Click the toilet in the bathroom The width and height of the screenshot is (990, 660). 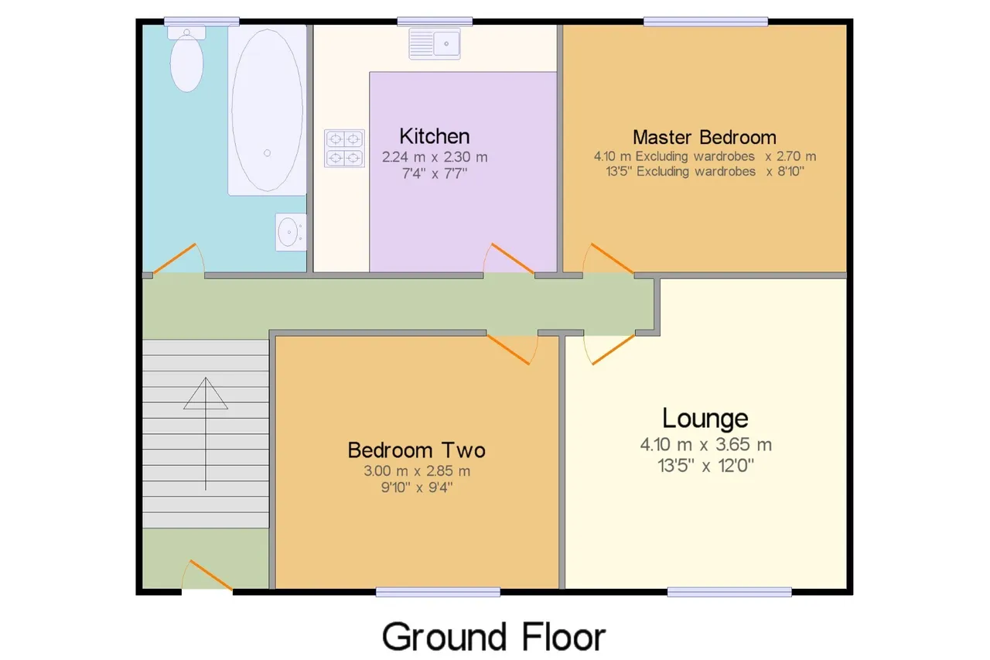coord(186,59)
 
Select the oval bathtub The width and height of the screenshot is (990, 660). coord(267,110)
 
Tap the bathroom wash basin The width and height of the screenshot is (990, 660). coord(290,232)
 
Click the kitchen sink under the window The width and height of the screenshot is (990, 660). coord(435,44)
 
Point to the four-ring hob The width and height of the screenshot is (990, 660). coord(344,149)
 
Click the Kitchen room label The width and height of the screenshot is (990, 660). coord(435,136)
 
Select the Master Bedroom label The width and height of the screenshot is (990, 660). coord(705,138)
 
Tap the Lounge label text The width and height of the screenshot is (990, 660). coord(705,418)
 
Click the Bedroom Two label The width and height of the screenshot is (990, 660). coord(416,450)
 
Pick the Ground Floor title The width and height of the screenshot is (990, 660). coord(493,637)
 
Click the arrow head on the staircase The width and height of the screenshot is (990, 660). coord(206,393)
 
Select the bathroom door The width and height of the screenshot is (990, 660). coord(179,259)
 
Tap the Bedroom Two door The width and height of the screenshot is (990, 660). coord(512,350)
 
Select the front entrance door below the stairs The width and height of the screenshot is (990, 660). coord(207,575)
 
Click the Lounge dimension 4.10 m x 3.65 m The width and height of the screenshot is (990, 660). coord(706,445)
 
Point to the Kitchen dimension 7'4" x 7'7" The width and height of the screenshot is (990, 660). coord(435,174)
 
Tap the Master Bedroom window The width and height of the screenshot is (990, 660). coord(706,21)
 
